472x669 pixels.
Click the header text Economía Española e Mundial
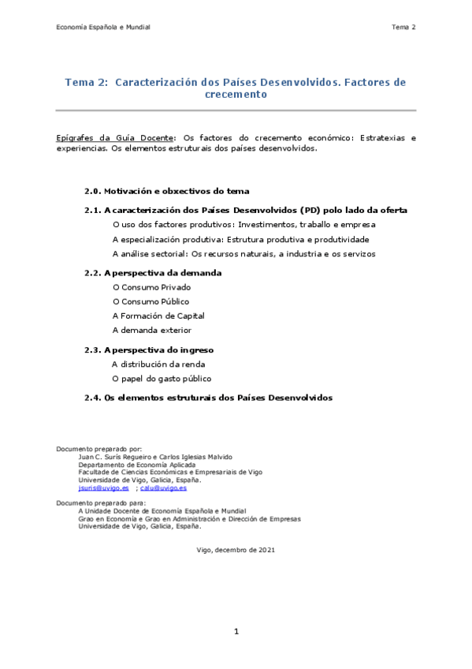(102, 28)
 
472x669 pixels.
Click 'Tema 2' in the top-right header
(403, 28)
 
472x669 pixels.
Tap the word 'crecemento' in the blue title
(236, 94)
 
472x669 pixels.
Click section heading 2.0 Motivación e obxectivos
(167, 191)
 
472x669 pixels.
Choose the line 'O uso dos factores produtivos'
(244, 225)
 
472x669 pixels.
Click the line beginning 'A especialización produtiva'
(240, 239)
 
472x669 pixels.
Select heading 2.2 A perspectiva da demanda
(153, 272)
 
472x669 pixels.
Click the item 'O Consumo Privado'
(151, 287)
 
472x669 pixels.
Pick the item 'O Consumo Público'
(151, 301)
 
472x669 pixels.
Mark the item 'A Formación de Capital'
(158, 316)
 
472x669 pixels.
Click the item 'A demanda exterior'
(151, 330)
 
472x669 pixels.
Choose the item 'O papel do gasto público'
(162, 379)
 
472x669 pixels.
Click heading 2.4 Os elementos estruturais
(209, 398)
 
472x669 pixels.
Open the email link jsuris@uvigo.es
(103, 488)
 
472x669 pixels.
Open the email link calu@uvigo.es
(163, 488)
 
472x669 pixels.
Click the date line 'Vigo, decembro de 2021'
(236, 549)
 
